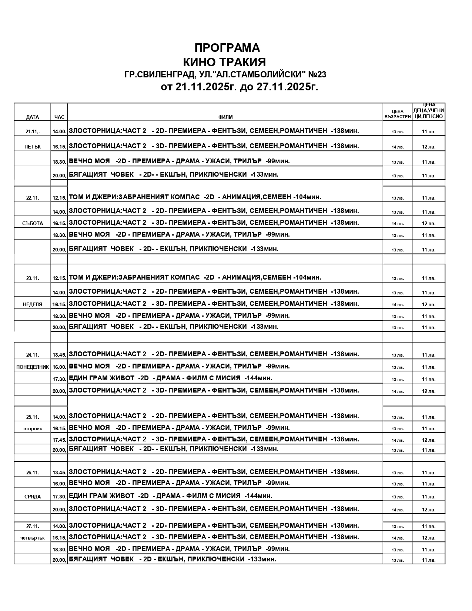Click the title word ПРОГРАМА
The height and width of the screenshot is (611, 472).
click(227, 48)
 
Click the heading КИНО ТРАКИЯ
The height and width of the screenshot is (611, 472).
click(225, 61)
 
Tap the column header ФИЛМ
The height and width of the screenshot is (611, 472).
click(225, 117)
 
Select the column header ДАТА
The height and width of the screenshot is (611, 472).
click(33, 117)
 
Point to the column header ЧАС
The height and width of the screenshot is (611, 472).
click(59, 117)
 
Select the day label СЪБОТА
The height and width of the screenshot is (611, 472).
click(33, 223)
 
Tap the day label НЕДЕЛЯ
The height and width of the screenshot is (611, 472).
click(33, 304)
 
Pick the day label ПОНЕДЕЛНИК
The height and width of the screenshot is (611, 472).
click(33, 367)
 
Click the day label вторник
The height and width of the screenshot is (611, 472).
click(33, 429)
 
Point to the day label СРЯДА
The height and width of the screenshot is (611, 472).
click(33, 497)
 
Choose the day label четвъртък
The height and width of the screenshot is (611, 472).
click(33, 538)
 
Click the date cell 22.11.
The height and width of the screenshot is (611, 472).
click(33, 198)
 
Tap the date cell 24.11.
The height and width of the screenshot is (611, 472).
click(33, 355)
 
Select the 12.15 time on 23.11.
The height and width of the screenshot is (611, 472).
click(59, 278)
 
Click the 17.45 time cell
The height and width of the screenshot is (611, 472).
click(59, 440)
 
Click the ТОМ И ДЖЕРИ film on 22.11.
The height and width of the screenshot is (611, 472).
click(195, 197)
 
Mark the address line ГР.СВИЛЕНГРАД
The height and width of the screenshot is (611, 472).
click(225, 74)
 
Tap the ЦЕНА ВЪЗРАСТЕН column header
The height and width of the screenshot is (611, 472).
click(398, 114)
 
